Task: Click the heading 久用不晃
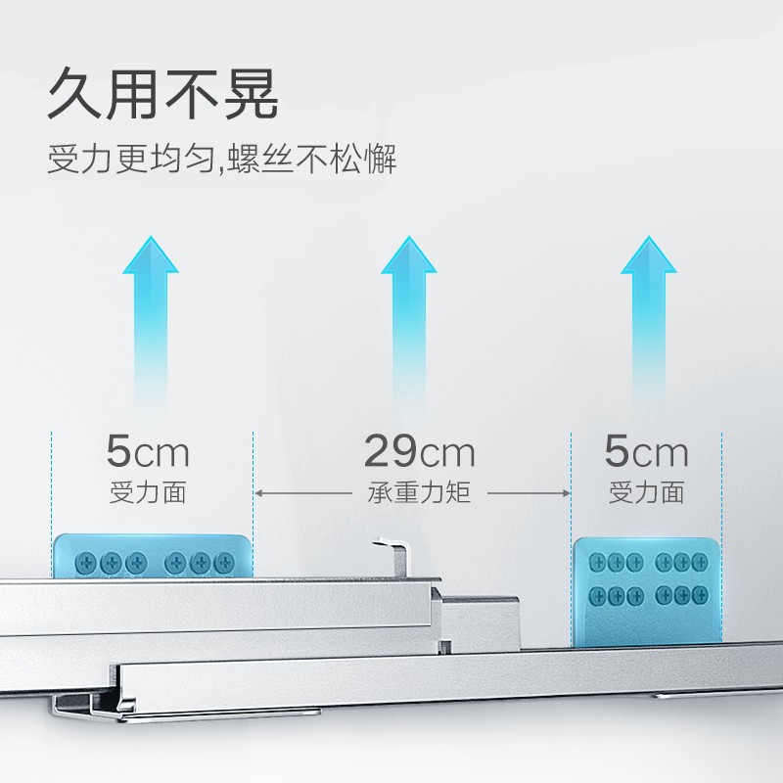(x=163, y=95)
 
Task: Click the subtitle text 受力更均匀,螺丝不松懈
(x=222, y=160)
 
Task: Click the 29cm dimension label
(x=419, y=452)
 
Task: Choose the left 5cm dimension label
(x=148, y=452)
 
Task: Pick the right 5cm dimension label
(x=646, y=452)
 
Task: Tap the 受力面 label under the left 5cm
(x=148, y=492)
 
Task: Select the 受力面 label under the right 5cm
(x=646, y=492)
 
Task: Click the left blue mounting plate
(x=153, y=556)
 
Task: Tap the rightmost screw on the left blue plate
(x=225, y=562)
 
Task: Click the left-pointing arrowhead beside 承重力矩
(x=260, y=492)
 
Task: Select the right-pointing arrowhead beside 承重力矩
(x=565, y=492)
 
